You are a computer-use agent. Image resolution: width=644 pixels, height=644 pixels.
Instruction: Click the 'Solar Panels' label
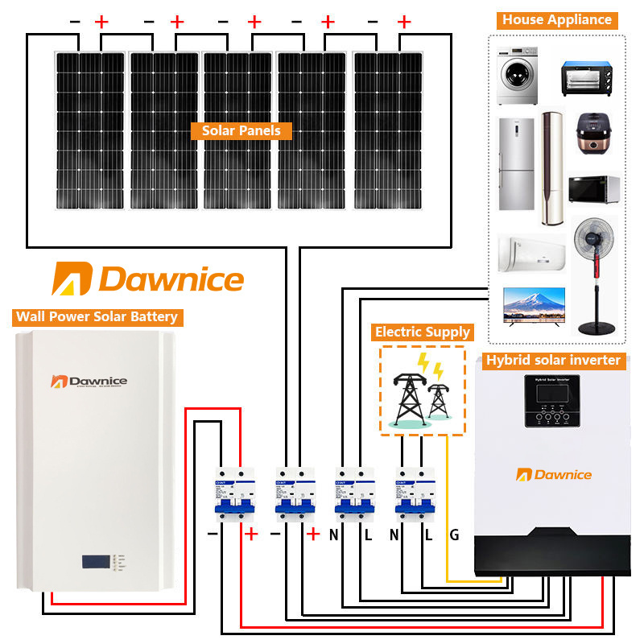pos(241,130)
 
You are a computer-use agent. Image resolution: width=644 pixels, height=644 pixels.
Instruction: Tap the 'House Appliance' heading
pos(557,20)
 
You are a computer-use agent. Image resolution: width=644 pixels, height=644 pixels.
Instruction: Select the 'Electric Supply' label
pos(423,332)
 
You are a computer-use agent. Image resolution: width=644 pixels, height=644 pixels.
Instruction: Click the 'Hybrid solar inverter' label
pos(552,360)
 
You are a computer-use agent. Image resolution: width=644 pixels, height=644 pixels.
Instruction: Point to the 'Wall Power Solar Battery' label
pos(97,316)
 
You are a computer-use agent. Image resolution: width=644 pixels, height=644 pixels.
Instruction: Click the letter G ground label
pos(454,534)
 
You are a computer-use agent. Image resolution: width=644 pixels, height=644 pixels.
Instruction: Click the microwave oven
pos(594,189)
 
